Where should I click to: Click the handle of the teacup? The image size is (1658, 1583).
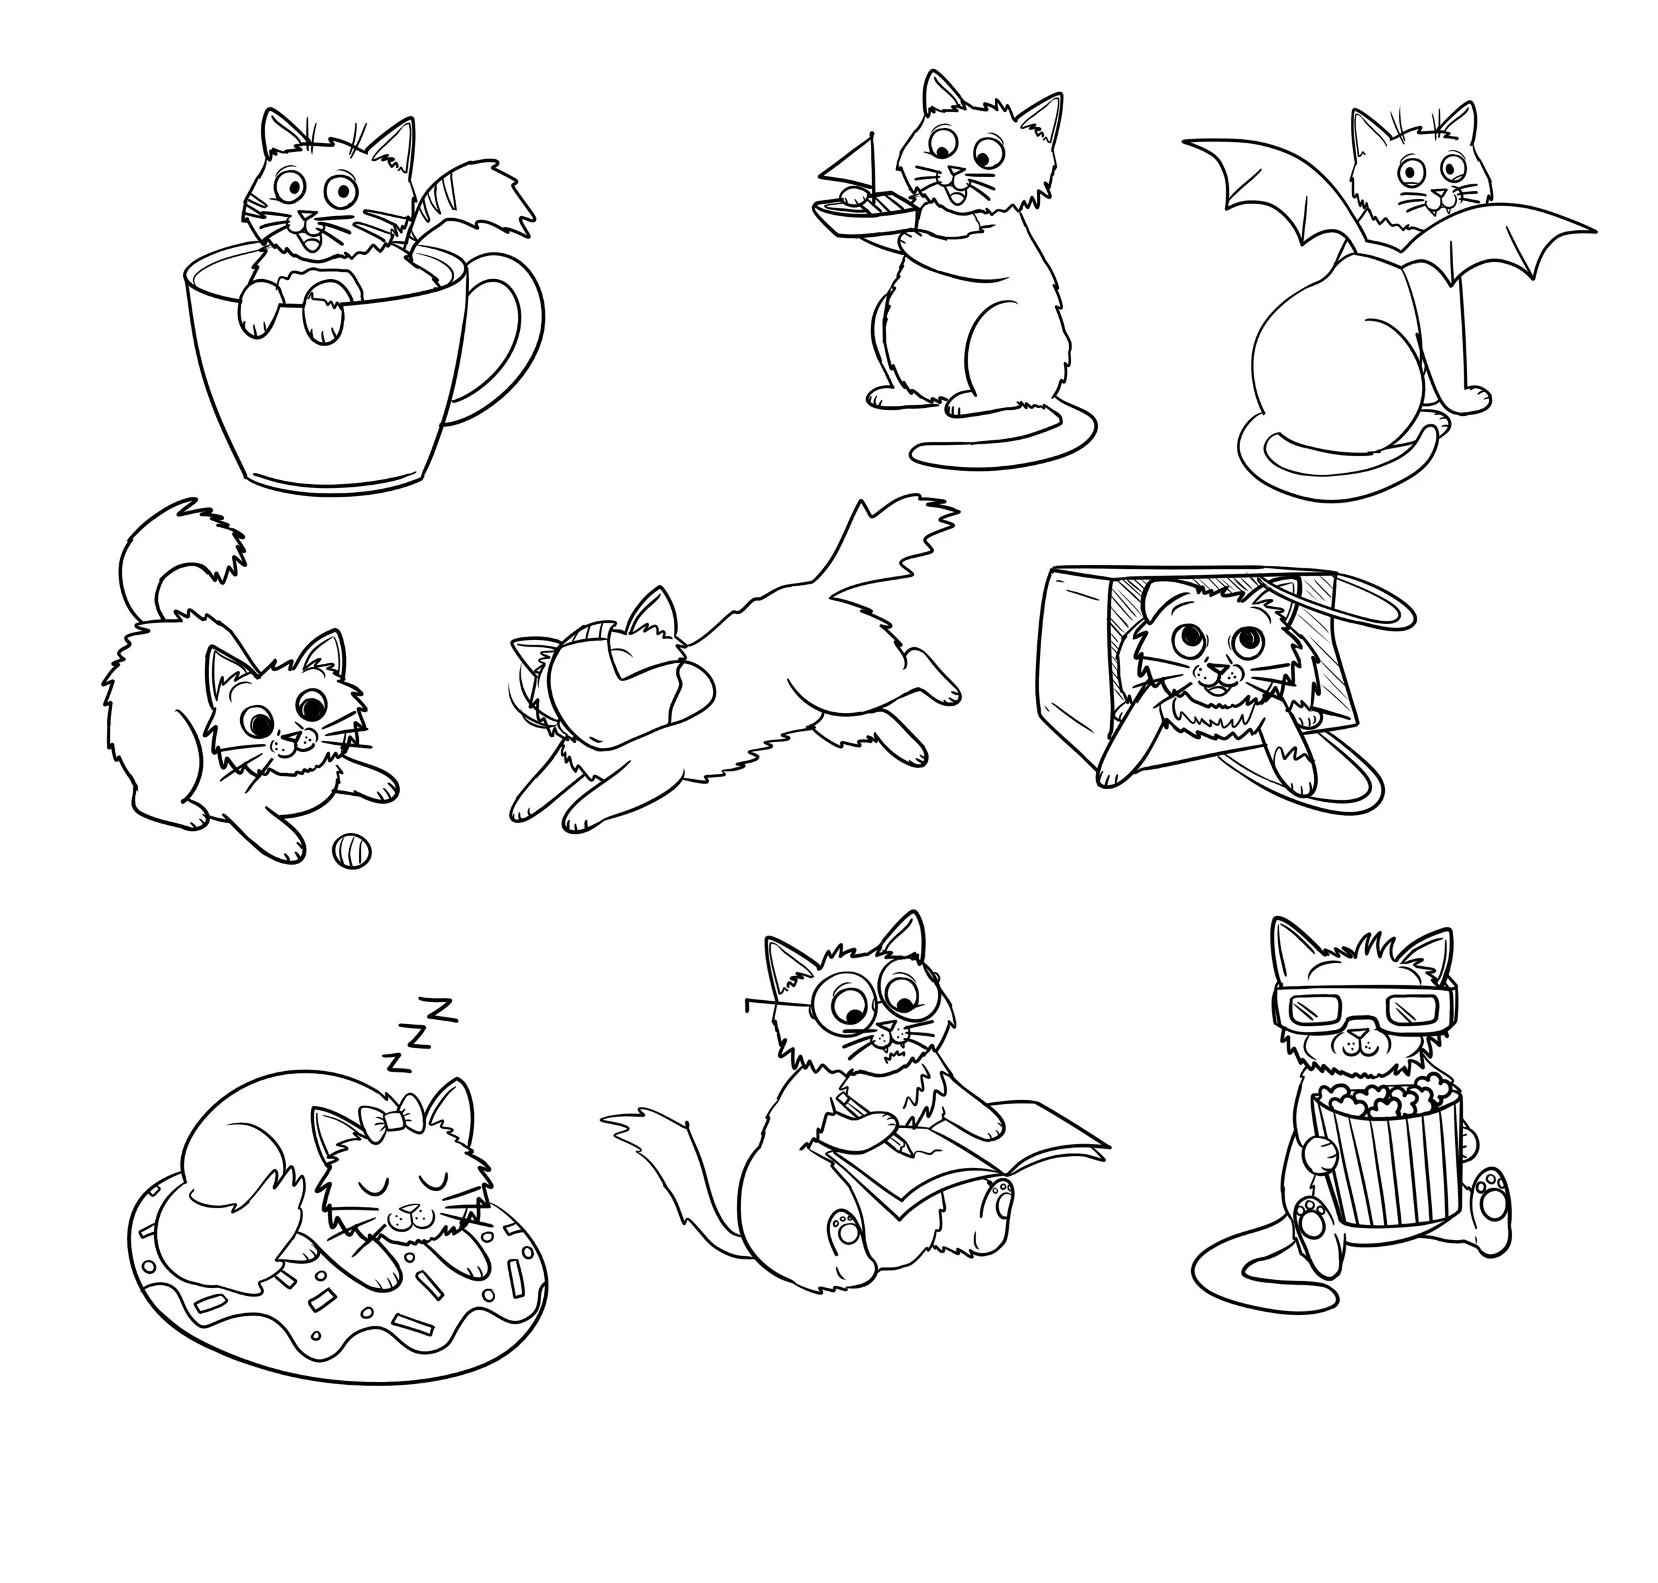tap(527, 321)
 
